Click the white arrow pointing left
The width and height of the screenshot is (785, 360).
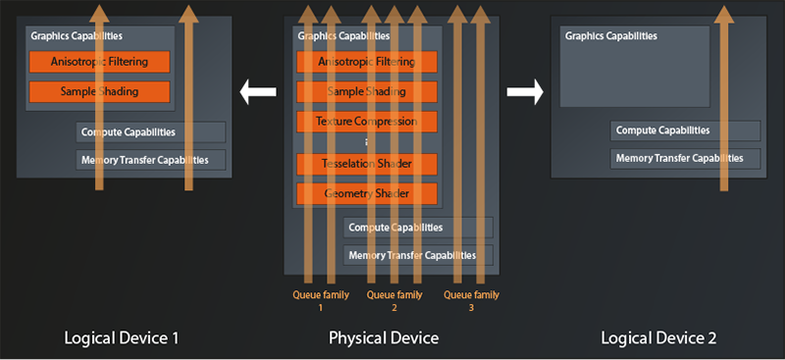(x=258, y=93)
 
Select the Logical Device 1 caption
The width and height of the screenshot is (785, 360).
(x=122, y=338)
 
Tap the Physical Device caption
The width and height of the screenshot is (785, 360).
(x=383, y=338)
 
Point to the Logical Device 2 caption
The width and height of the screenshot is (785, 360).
(x=658, y=338)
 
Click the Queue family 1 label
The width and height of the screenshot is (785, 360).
(x=320, y=300)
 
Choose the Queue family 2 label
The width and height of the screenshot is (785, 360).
(x=394, y=300)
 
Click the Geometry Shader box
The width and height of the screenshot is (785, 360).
(x=366, y=193)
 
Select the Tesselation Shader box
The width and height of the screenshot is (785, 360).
(x=366, y=164)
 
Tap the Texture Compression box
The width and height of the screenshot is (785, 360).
(x=366, y=122)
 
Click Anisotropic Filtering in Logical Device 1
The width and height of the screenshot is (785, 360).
(x=100, y=62)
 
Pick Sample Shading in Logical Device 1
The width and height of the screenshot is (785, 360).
(x=100, y=91)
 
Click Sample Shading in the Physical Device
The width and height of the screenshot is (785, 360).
(x=366, y=92)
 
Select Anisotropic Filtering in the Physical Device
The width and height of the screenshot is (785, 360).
(x=366, y=63)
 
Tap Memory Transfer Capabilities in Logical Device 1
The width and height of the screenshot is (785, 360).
(x=151, y=159)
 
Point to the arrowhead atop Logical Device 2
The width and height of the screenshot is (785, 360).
(x=723, y=13)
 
